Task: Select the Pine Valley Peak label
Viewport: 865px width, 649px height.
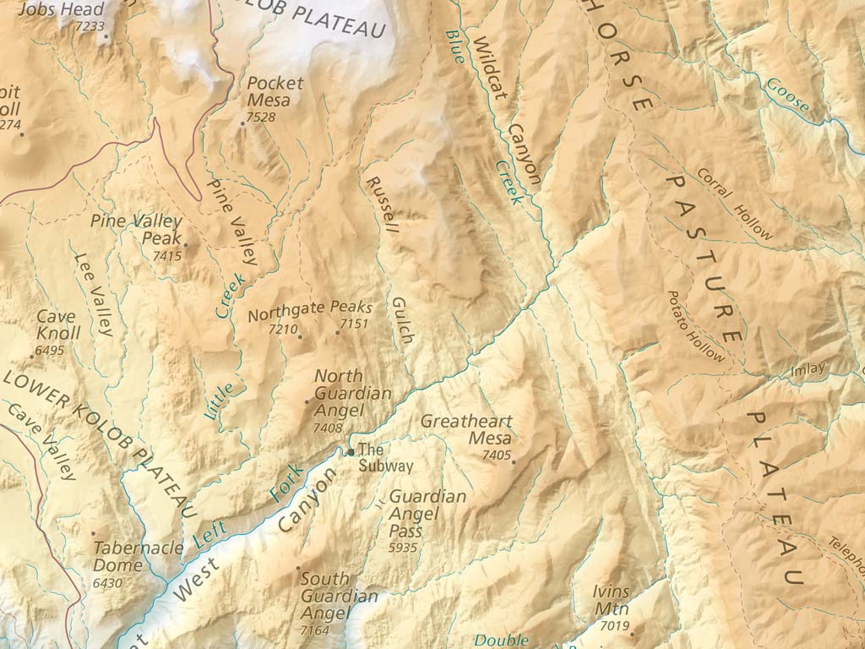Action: click(136, 229)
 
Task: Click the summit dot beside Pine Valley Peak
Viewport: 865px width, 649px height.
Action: click(186, 246)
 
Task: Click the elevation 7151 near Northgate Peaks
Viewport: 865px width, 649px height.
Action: click(355, 324)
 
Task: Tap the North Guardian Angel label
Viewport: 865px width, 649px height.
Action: click(352, 394)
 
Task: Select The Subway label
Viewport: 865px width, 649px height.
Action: click(385, 457)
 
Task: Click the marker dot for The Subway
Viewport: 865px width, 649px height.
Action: click(351, 453)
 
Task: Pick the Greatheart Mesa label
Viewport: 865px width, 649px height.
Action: click(466, 429)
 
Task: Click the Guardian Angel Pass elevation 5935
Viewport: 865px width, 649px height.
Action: click(404, 548)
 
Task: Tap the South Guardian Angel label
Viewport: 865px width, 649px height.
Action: click(339, 596)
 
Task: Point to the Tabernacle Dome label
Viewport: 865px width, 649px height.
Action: click(138, 556)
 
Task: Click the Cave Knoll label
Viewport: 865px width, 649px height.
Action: click(58, 324)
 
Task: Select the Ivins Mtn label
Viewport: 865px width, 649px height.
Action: click(612, 601)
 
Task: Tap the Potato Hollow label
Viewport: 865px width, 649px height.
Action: click(696, 327)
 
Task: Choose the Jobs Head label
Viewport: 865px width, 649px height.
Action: click(61, 10)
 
